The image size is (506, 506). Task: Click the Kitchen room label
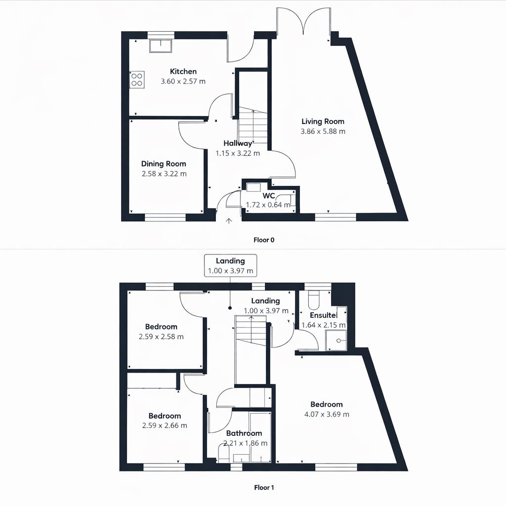(183, 72)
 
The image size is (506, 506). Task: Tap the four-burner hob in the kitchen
(137, 80)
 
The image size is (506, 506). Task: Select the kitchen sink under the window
(161, 45)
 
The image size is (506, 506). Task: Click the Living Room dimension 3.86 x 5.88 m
(323, 131)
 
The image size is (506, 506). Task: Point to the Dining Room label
(164, 164)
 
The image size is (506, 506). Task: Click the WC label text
(269, 196)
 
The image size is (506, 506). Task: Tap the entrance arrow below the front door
(228, 221)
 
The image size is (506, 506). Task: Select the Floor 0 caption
(263, 240)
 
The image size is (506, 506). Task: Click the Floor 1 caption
(263, 488)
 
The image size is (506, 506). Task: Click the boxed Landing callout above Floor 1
(230, 266)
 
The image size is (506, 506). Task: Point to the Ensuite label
(323, 315)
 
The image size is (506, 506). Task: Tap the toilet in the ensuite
(314, 300)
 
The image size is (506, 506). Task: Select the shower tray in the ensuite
(336, 340)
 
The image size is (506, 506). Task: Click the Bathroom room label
(244, 433)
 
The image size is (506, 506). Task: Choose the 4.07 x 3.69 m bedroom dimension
(327, 414)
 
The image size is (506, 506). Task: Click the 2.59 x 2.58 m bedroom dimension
(162, 337)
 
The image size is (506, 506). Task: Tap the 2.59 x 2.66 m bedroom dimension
(165, 425)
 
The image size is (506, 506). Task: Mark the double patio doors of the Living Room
(303, 22)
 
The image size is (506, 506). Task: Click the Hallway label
(238, 143)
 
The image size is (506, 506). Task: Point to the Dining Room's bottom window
(165, 217)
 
